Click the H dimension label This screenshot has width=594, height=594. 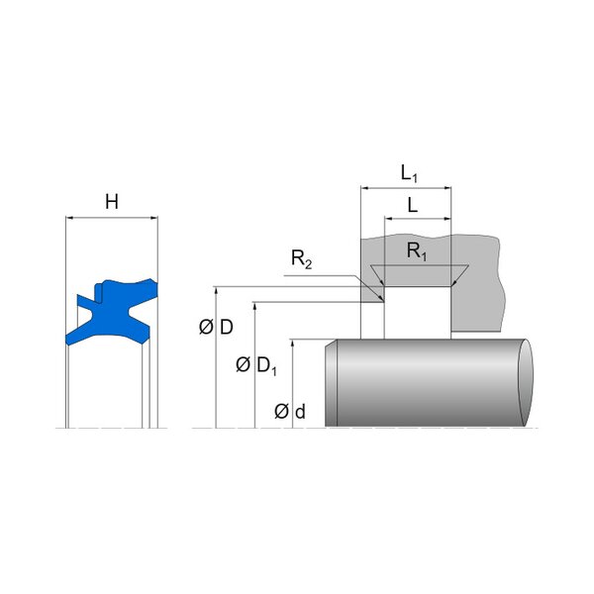(112, 202)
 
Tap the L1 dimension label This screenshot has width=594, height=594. (409, 174)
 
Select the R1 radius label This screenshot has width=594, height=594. (417, 251)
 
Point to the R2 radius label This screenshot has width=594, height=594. (302, 259)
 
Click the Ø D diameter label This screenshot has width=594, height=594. (216, 327)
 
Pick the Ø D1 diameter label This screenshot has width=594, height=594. (256, 365)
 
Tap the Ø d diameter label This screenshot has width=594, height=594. (290, 412)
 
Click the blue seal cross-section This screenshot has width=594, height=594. (114, 312)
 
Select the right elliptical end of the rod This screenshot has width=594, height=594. (526, 382)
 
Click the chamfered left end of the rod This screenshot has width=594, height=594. (331, 382)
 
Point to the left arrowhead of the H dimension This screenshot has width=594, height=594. (69, 218)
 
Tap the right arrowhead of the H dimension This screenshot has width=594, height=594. (154, 218)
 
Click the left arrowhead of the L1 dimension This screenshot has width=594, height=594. (364, 187)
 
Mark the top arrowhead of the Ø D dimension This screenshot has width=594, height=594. (216, 290)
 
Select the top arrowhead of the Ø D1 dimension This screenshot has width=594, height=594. (255, 306)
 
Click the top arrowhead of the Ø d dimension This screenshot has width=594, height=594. (292, 344)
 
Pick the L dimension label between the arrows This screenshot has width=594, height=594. (413, 206)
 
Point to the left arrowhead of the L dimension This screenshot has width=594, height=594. (388, 219)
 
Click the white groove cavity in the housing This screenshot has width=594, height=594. (418, 313)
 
